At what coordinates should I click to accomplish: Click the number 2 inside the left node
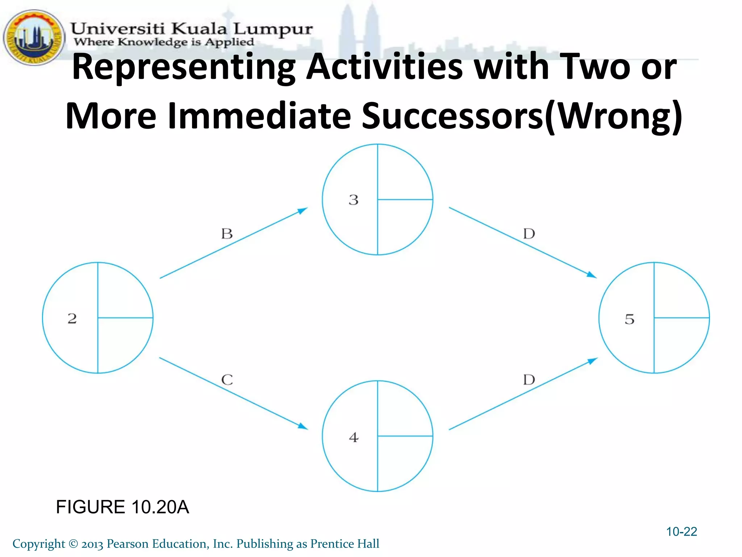click(72, 318)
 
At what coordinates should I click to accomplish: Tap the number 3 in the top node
click(354, 200)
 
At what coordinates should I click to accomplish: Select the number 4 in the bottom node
click(354, 437)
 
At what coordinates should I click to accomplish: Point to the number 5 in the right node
click(630, 319)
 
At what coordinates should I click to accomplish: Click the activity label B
click(227, 234)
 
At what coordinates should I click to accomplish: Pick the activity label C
click(227, 380)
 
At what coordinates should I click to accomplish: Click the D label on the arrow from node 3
click(529, 234)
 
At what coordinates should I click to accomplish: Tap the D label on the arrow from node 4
click(529, 380)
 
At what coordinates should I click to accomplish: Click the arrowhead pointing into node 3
click(303, 210)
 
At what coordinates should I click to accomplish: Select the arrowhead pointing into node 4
click(303, 426)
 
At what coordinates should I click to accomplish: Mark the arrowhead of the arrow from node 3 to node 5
click(591, 275)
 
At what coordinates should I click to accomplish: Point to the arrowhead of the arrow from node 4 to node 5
click(592, 361)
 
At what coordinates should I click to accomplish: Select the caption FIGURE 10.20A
click(122, 507)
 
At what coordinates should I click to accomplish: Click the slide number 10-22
click(681, 532)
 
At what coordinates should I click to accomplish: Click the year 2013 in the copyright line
click(92, 544)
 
